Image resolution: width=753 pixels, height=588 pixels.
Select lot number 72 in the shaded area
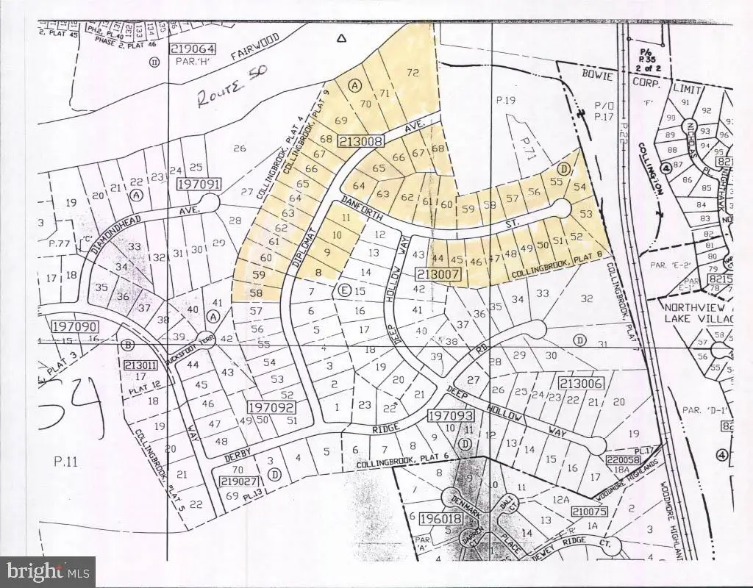[413, 72]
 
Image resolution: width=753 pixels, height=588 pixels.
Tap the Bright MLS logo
[48, 569]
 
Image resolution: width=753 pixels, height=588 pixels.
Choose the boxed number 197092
[271, 406]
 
